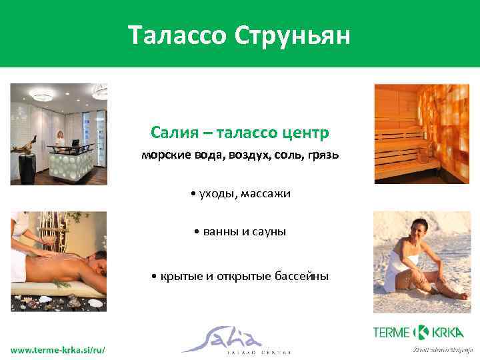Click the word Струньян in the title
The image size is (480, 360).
point(292,35)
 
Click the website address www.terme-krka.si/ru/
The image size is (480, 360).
point(57,350)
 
